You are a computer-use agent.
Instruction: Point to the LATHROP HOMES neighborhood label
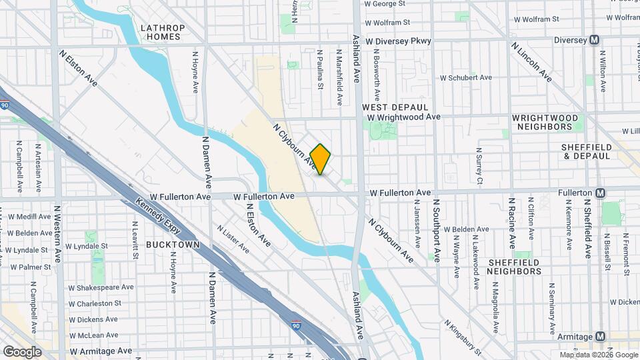coord(161,32)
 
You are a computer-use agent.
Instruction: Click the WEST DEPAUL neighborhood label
coord(395,107)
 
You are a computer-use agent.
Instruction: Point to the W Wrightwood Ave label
coord(405,117)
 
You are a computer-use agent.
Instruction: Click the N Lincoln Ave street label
coord(531,61)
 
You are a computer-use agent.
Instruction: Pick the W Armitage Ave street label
coord(101,350)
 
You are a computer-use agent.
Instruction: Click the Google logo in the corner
coord(22,351)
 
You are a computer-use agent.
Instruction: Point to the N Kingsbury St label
coord(463,337)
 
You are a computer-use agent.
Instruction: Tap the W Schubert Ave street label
coord(466,77)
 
